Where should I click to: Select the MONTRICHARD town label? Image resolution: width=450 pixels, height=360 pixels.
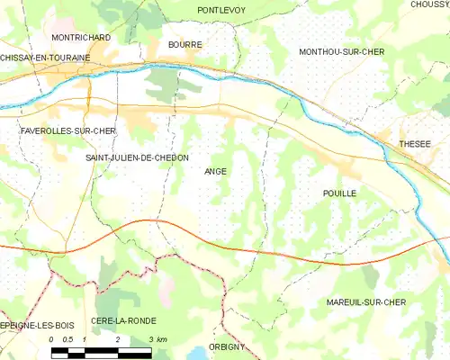[x=81, y=38]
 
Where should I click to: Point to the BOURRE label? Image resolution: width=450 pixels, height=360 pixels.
[x=184, y=43]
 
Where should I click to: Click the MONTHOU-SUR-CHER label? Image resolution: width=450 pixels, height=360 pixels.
[x=341, y=52]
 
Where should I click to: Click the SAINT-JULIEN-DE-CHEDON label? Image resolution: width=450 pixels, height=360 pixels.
[x=137, y=157]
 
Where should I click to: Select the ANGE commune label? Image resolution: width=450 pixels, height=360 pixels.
[x=216, y=171]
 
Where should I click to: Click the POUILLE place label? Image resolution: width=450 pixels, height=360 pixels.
[x=339, y=193]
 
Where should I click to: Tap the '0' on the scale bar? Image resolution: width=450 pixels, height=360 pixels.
[x=52, y=339]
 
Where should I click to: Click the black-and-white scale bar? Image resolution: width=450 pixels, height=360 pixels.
[x=101, y=351]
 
